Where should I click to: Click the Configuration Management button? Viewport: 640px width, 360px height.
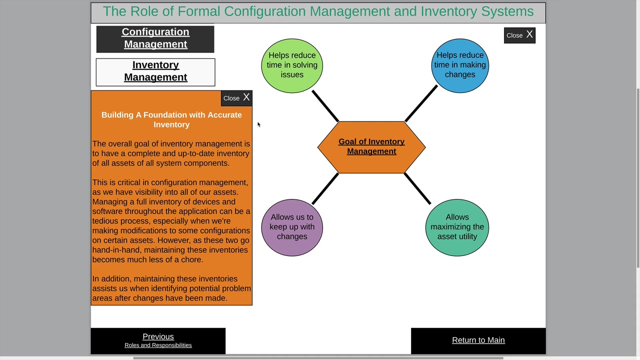click(155, 38)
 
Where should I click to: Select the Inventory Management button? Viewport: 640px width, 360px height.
click(155, 71)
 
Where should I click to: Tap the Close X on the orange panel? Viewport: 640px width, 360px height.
click(236, 98)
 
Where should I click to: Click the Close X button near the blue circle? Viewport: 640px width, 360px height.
click(519, 35)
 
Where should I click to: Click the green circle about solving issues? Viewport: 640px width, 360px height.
click(292, 65)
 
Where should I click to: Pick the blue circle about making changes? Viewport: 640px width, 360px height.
click(459, 65)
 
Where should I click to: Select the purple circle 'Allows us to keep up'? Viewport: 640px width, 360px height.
click(292, 227)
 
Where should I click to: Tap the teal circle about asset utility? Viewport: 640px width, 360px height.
click(457, 227)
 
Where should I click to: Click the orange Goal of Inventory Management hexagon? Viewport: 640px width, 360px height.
click(371, 147)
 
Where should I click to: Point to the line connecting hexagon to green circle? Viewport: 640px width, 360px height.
click(325, 105)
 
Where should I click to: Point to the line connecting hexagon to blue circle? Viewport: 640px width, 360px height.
click(421, 103)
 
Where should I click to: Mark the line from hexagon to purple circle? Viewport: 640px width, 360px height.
click(325, 188)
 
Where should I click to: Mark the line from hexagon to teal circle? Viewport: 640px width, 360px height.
click(417, 188)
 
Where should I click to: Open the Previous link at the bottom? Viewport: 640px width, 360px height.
click(158, 336)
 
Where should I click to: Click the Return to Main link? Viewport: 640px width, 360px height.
click(478, 340)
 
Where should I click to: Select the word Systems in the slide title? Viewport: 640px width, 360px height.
click(507, 11)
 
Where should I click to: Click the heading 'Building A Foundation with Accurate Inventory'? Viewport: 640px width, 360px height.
click(171, 119)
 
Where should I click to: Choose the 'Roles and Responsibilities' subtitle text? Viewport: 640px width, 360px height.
click(158, 345)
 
